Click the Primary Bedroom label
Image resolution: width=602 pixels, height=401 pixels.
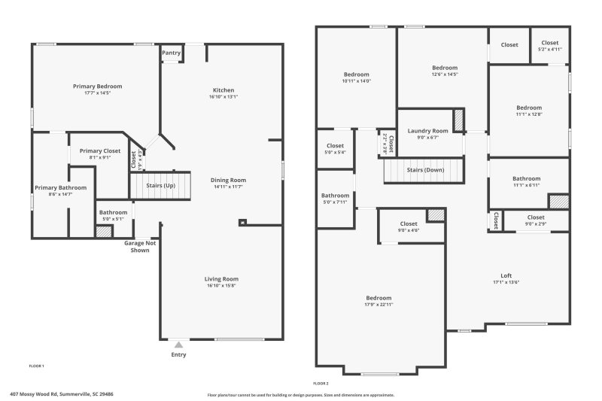coord(97,87)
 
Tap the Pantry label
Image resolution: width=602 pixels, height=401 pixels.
coord(172,53)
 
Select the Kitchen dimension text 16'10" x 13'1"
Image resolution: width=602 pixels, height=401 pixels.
coord(223,97)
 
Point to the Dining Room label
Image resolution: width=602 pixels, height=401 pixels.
coord(228,180)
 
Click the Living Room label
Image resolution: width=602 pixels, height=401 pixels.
coord(221,279)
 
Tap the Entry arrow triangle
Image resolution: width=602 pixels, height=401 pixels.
coord(178,345)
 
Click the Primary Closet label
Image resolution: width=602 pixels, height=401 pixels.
coord(100,150)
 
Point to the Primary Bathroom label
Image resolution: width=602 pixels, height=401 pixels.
coord(60,187)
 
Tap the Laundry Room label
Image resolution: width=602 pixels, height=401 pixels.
coord(427,131)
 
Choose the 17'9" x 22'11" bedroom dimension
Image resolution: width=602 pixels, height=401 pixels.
coord(379,305)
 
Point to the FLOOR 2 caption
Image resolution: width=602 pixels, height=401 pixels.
coord(321,383)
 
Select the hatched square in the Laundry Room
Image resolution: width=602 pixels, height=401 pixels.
coord(458,120)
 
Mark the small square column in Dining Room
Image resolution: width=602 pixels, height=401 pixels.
coord(242,222)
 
